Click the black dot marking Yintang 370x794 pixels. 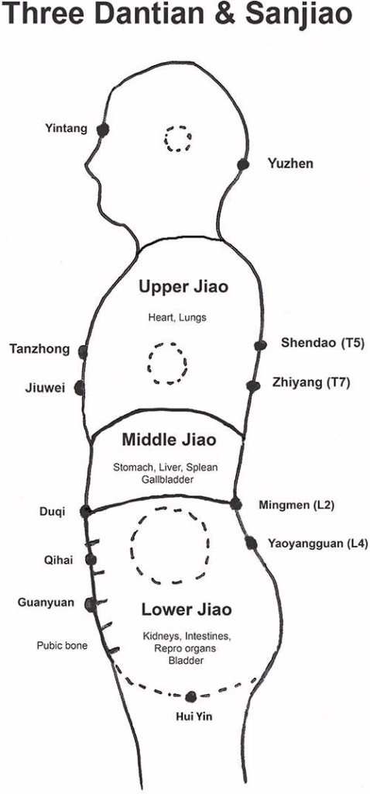click(103, 130)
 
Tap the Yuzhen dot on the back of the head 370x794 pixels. click(243, 164)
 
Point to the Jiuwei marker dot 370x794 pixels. click(80, 388)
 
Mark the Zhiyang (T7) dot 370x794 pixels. click(253, 386)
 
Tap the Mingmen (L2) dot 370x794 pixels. click(235, 503)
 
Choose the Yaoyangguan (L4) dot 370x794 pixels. click(251, 543)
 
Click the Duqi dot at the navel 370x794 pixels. click(85, 511)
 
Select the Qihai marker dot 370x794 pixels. click(91, 560)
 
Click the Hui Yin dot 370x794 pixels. click(190, 697)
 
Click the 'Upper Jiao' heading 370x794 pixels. click(183, 288)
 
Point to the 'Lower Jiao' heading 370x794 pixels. click(187, 609)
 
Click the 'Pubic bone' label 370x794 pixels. click(62, 646)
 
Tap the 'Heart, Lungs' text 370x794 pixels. click(177, 318)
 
